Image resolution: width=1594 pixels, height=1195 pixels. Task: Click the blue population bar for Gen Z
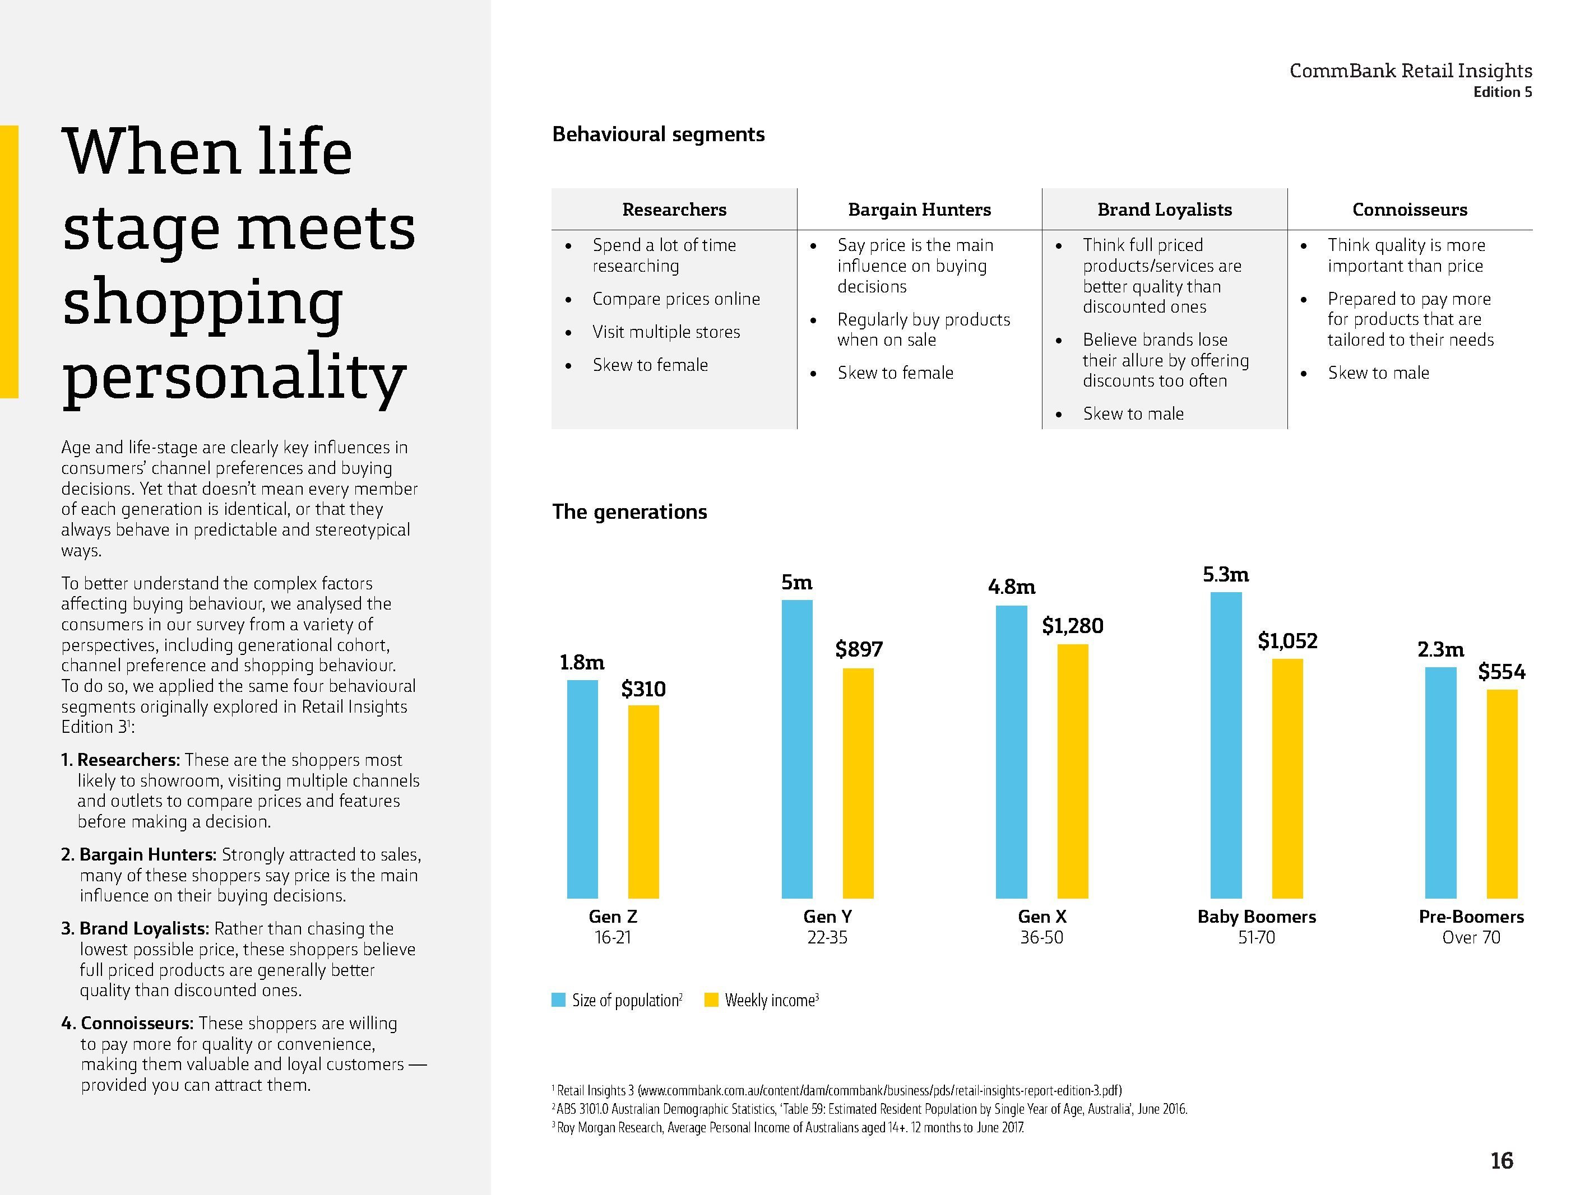pyautogui.click(x=582, y=789)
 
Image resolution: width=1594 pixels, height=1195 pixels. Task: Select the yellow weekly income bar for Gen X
pyautogui.click(x=1072, y=771)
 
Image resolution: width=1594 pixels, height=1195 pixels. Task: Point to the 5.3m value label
pyautogui.click(x=1226, y=575)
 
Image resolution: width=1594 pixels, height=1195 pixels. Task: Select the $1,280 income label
pyautogui.click(x=1072, y=626)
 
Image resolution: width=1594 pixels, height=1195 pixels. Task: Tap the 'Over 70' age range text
pyautogui.click(x=1471, y=938)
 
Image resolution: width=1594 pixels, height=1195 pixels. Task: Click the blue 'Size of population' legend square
pyautogui.click(x=558, y=1000)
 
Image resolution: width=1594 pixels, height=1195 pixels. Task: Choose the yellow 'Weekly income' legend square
pyautogui.click(x=711, y=1000)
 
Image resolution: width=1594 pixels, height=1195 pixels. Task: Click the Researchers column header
pyautogui.click(x=674, y=210)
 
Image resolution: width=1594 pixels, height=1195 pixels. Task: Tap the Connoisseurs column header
pyautogui.click(x=1410, y=210)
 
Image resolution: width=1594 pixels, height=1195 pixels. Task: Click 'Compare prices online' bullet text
pyautogui.click(x=676, y=299)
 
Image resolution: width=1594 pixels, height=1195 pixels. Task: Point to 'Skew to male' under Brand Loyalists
pyautogui.click(x=1133, y=414)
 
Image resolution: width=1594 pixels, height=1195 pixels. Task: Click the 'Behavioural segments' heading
pyautogui.click(x=658, y=134)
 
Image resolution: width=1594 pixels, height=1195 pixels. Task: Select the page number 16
pyautogui.click(x=1502, y=1160)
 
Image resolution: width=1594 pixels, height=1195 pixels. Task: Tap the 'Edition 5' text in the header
pyautogui.click(x=1503, y=92)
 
